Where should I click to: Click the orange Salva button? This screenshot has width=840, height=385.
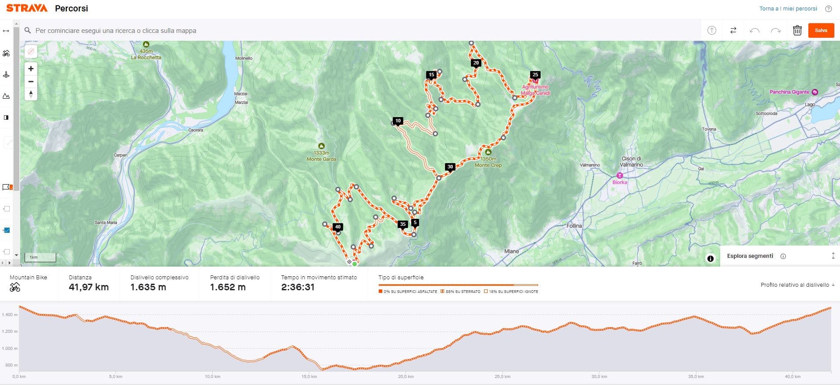[821, 30]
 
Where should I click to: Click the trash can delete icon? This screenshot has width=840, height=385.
[797, 30]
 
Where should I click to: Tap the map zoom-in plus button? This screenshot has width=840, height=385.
[31, 68]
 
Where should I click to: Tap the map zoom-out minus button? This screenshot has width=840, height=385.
[31, 82]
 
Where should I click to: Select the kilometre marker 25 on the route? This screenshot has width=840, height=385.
[535, 75]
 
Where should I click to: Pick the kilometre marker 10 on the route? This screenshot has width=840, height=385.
[398, 121]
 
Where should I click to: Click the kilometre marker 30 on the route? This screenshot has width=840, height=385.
[450, 167]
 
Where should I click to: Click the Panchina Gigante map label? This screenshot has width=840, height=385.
[789, 92]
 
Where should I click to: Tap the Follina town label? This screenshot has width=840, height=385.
[574, 226]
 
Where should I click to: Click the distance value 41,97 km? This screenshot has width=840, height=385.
[89, 287]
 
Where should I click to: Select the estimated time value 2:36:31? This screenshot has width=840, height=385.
[298, 287]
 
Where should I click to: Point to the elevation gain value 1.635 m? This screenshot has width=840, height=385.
[148, 287]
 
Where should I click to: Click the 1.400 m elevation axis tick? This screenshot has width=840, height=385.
[10, 315]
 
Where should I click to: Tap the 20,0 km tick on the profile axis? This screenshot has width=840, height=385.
[406, 377]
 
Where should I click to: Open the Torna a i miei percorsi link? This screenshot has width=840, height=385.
[788, 9]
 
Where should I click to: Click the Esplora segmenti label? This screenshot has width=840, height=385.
[750, 256]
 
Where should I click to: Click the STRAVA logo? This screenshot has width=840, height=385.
[27, 8]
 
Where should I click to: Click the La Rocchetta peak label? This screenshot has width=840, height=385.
[146, 57]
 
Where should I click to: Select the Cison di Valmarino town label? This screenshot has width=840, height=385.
[632, 161]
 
